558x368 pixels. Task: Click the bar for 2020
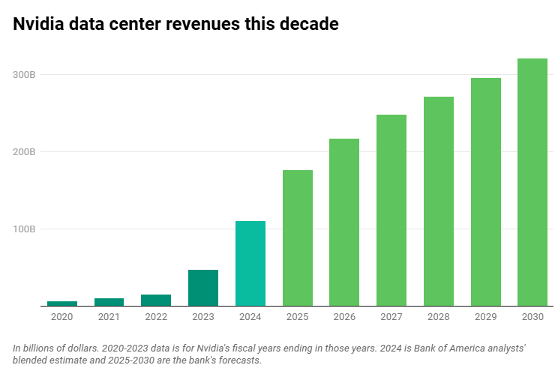point(62,303)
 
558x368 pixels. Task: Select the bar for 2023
point(203,288)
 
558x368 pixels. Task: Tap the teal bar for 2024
point(250,263)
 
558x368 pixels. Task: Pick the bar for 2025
point(298,238)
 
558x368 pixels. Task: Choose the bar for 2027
point(391,210)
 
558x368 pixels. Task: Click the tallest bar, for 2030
point(532,182)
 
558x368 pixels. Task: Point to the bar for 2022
point(156,300)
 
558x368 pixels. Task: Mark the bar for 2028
point(439,201)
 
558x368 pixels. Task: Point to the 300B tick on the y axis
point(25,75)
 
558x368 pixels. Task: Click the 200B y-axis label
point(25,152)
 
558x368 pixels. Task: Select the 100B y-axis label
point(25,229)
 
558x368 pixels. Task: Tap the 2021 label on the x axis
point(109,317)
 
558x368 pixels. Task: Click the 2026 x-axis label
point(344,317)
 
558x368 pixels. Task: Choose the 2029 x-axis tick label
point(485,317)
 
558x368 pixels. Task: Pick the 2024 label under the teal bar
point(250,317)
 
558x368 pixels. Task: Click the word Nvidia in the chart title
point(37,24)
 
